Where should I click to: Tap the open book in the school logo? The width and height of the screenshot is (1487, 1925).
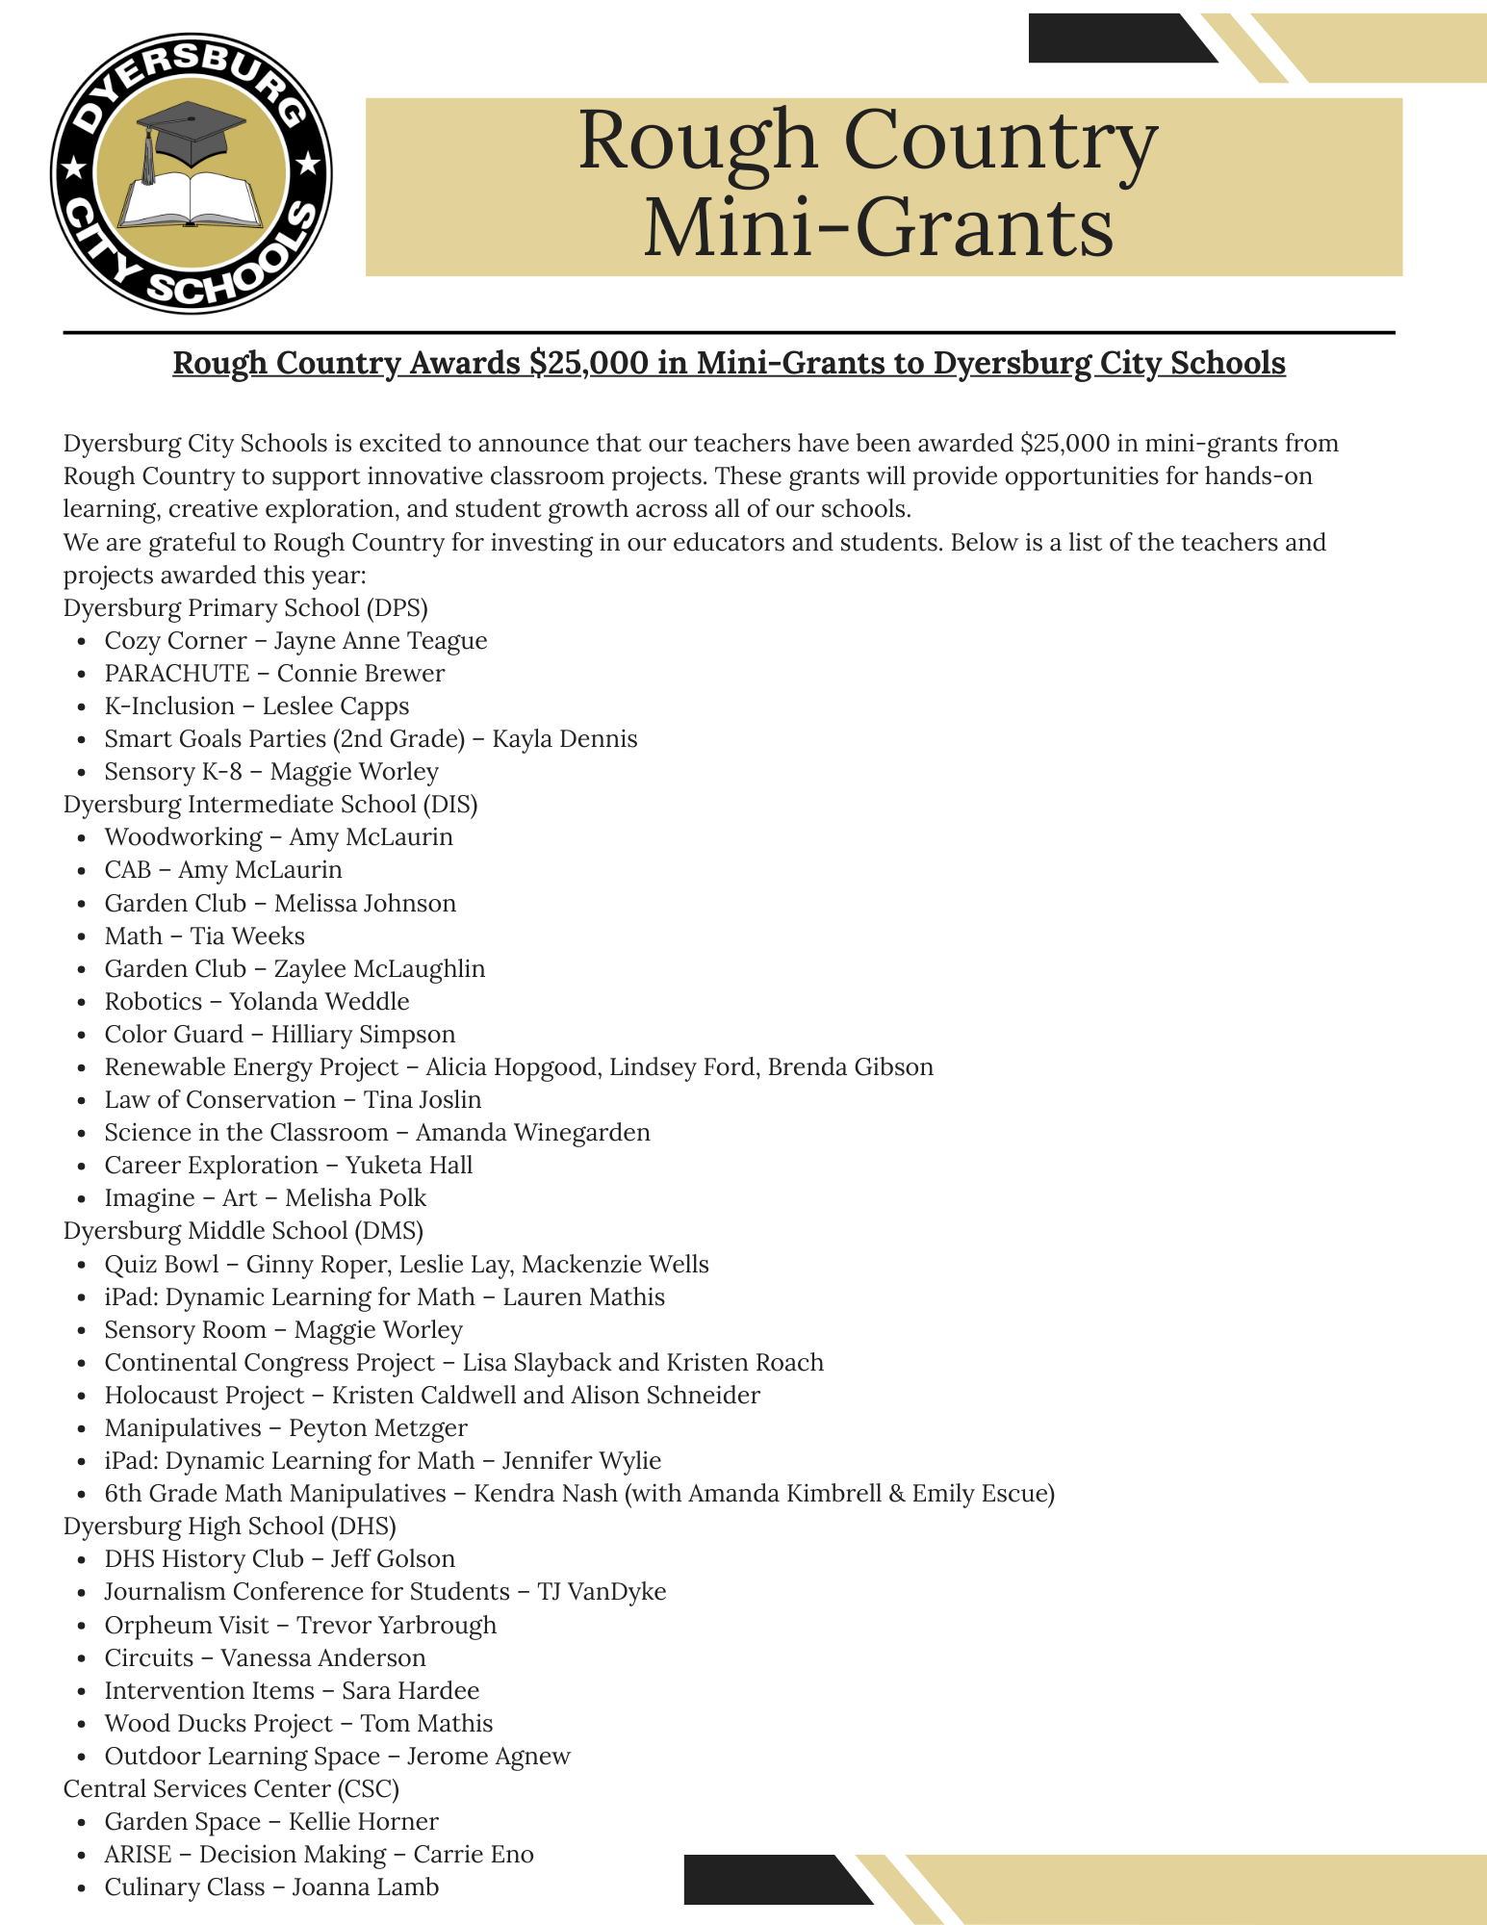191,200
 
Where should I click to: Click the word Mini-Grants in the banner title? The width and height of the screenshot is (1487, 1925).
878,228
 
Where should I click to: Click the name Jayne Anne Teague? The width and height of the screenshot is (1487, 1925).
380,641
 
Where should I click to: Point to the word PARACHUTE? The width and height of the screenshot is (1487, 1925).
177,674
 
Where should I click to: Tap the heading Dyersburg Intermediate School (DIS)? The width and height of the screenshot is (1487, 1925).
270,805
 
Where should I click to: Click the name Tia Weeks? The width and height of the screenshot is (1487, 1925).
247,936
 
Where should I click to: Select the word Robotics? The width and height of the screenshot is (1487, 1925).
154,1001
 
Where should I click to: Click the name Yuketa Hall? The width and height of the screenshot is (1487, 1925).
409,1166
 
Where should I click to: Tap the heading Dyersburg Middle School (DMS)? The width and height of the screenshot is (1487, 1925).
244,1231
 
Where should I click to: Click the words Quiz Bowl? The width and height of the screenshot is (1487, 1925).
162,1264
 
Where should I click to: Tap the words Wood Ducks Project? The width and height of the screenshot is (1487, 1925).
218,1723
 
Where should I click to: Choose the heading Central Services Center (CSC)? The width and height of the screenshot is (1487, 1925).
231,1788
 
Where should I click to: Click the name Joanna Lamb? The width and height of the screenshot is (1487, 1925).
365,1887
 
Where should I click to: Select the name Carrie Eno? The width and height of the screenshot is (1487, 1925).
473,1855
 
